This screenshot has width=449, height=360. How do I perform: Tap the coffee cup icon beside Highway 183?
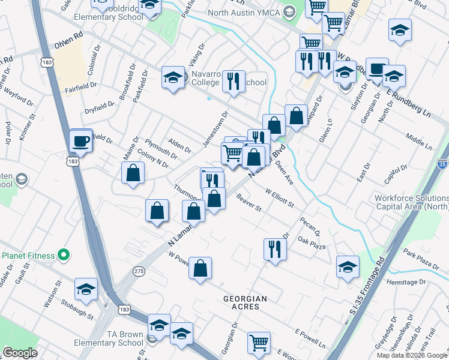[x=81, y=142]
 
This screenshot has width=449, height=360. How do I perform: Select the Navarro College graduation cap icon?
[x=173, y=77]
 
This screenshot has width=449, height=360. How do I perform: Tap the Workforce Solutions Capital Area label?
[x=411, y=202]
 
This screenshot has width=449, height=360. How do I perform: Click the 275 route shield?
[x=139, y=271]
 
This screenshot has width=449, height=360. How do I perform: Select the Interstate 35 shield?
[x=442, y=163]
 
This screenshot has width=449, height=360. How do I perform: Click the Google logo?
[x=20, y=353]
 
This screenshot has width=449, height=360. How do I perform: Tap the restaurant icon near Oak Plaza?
[x=275, y=248]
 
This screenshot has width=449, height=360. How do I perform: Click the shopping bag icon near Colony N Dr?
[x=133, y=173]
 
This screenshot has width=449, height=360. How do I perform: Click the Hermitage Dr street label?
[x=406, y=281]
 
